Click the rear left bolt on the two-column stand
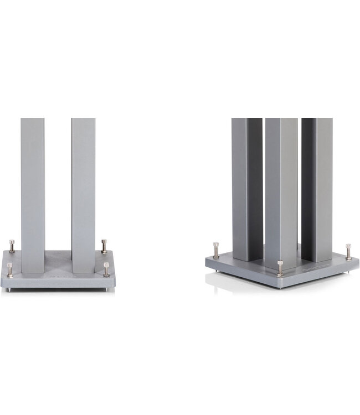pos(13,246)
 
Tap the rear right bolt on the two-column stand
pos(104,246)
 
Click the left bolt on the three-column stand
pos(215,250)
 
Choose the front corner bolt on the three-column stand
pos(280,268)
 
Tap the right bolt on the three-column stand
pos(348,251)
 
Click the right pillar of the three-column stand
pos(317,188)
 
